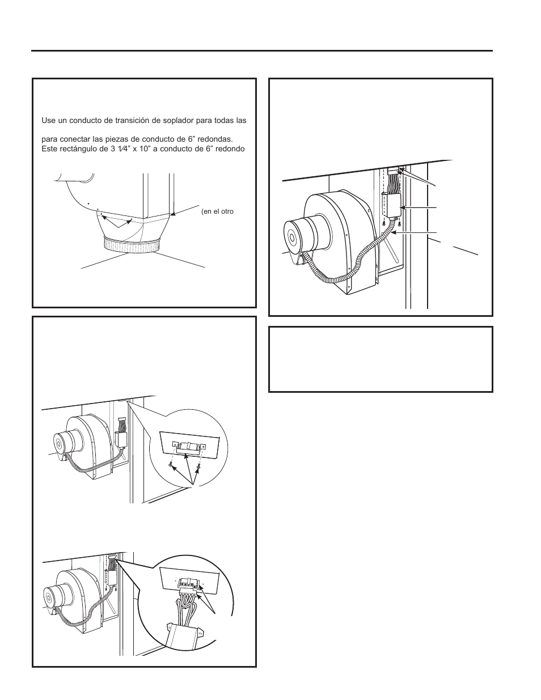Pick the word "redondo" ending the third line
pos(232,149)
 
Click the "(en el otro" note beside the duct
pos(218,211)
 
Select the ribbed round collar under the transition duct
pos(131,245)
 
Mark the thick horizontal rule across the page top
pos(261,50)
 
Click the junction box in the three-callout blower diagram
pos(391,205)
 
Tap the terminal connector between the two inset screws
pos(188,447)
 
